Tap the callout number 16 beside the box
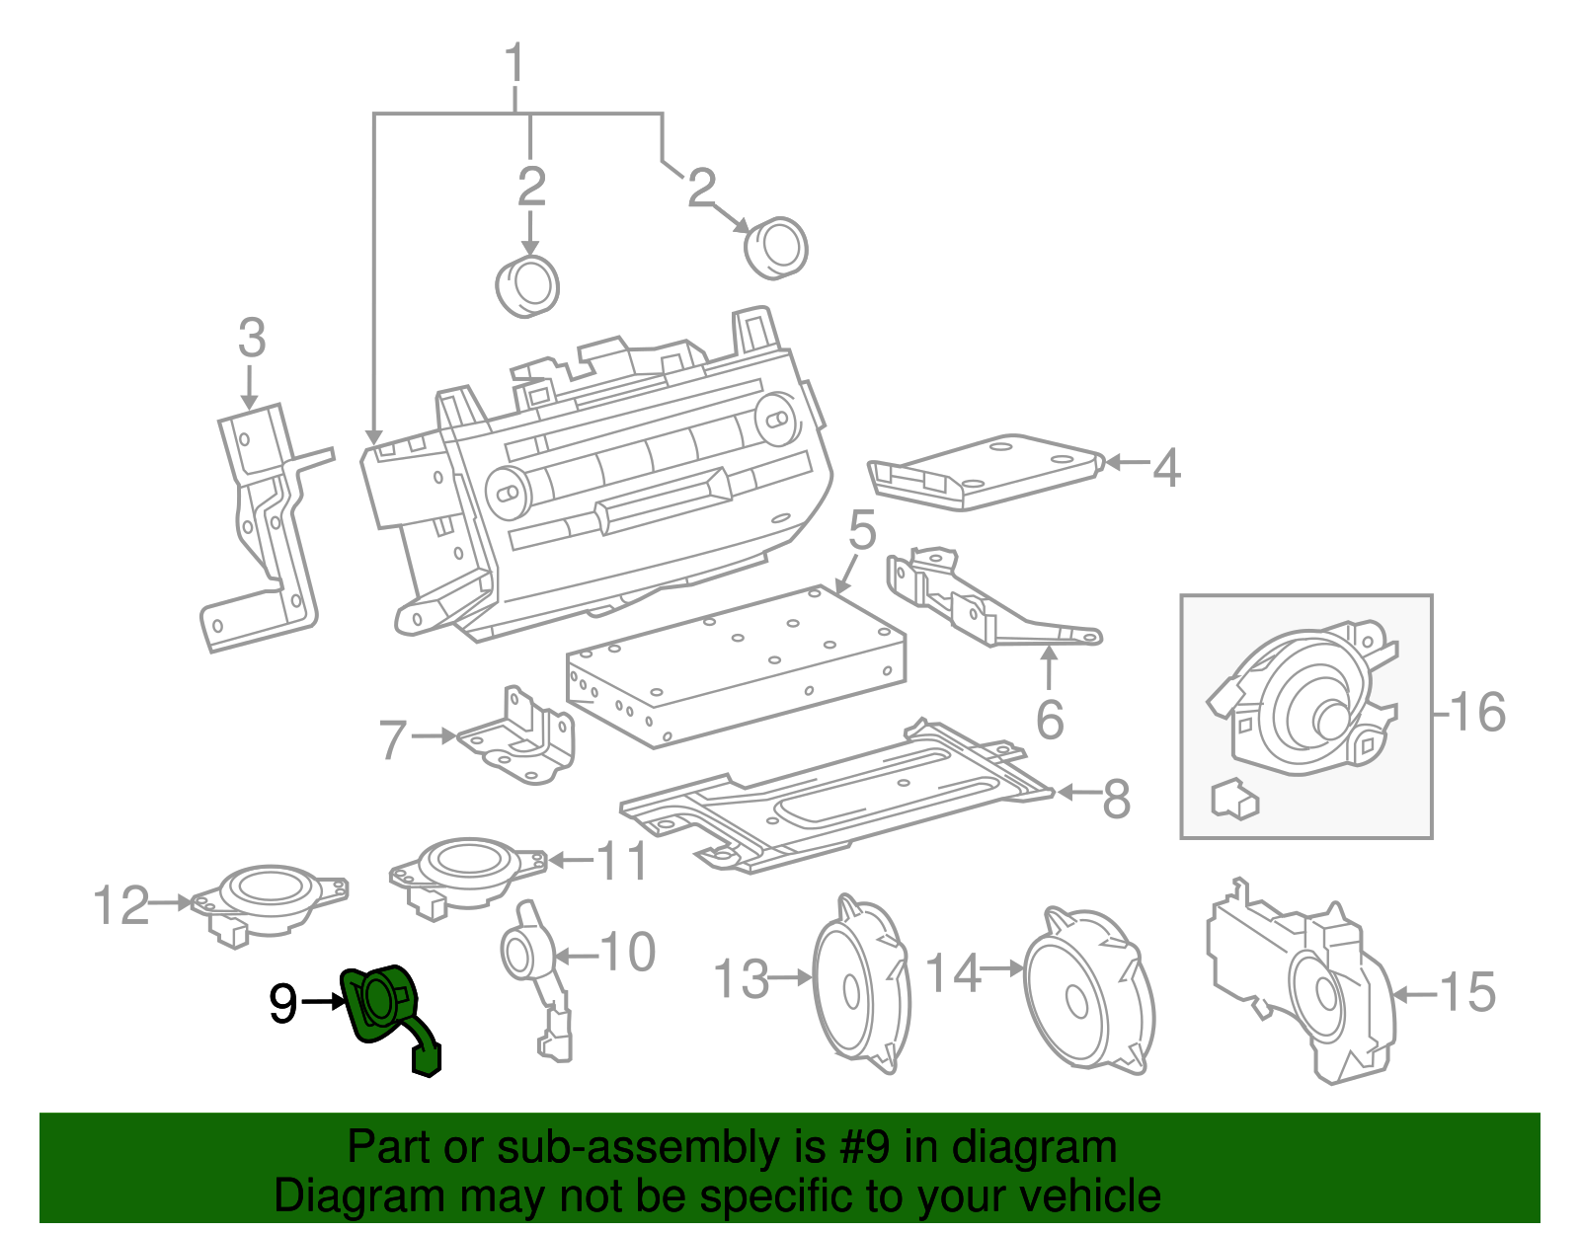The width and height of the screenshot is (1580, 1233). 1477,712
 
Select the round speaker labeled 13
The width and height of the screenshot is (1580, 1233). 859,987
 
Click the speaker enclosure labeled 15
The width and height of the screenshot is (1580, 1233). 1303,987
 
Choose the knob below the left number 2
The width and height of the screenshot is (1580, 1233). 527,286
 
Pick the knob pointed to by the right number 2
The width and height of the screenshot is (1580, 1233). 776,247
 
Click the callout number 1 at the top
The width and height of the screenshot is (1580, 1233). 514,63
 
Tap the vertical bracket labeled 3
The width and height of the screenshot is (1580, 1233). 262,523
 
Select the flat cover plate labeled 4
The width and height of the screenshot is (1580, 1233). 987,471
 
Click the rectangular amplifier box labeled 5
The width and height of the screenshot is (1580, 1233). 736,666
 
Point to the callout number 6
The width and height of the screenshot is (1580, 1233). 1050,719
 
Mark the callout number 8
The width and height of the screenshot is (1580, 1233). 1116,799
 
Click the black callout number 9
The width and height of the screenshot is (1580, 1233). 282,1004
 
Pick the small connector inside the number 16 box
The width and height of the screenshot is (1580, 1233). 1233,799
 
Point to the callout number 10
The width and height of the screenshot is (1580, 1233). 628,953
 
